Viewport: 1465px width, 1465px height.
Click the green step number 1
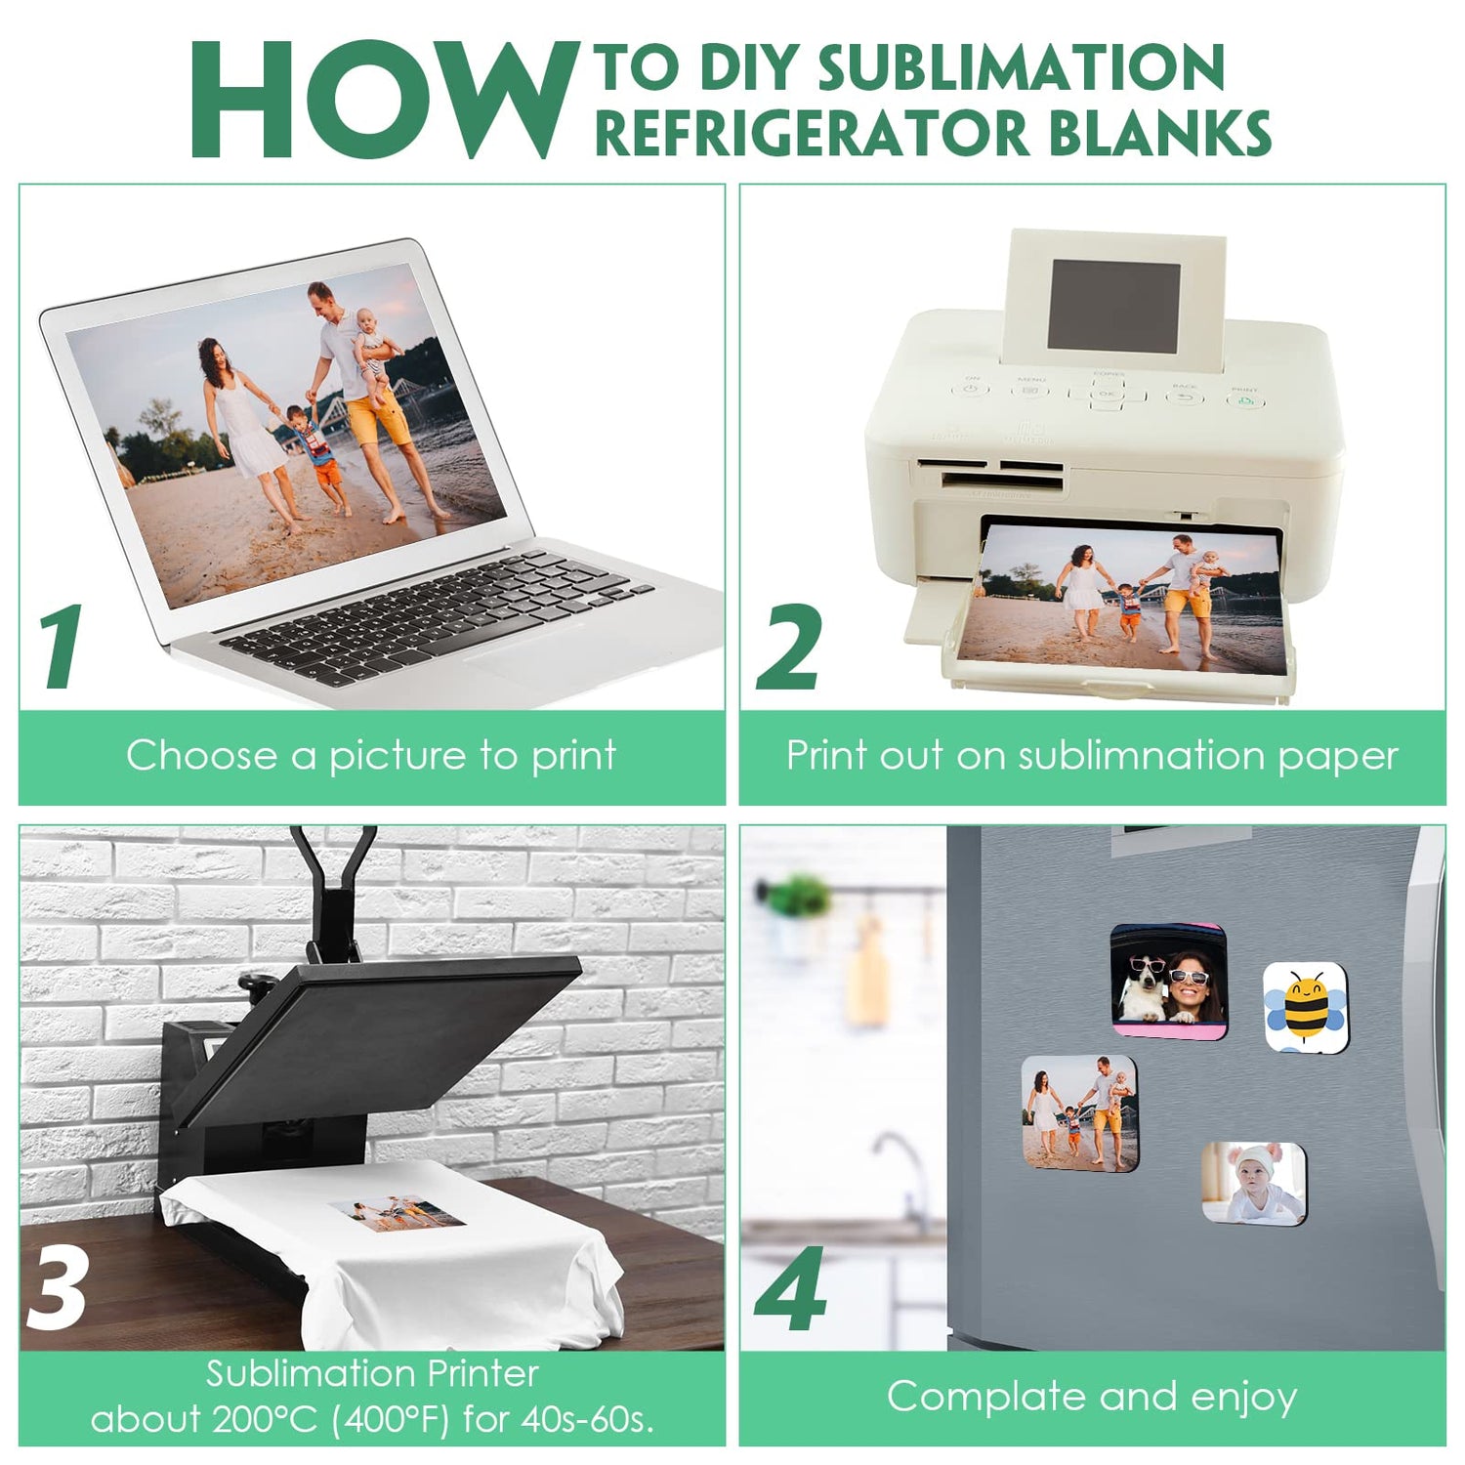pos(62,646)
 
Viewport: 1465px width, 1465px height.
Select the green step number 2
pos(789,648)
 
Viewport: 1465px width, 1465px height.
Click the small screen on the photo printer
pos(1113,305)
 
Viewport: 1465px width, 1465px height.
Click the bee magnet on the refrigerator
pos(1306,1007)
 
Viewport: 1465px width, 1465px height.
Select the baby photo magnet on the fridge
pos(1253,1181)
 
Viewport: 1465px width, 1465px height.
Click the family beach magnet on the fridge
pos(1079,1112)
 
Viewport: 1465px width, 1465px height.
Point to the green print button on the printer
pos(1244,399)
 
